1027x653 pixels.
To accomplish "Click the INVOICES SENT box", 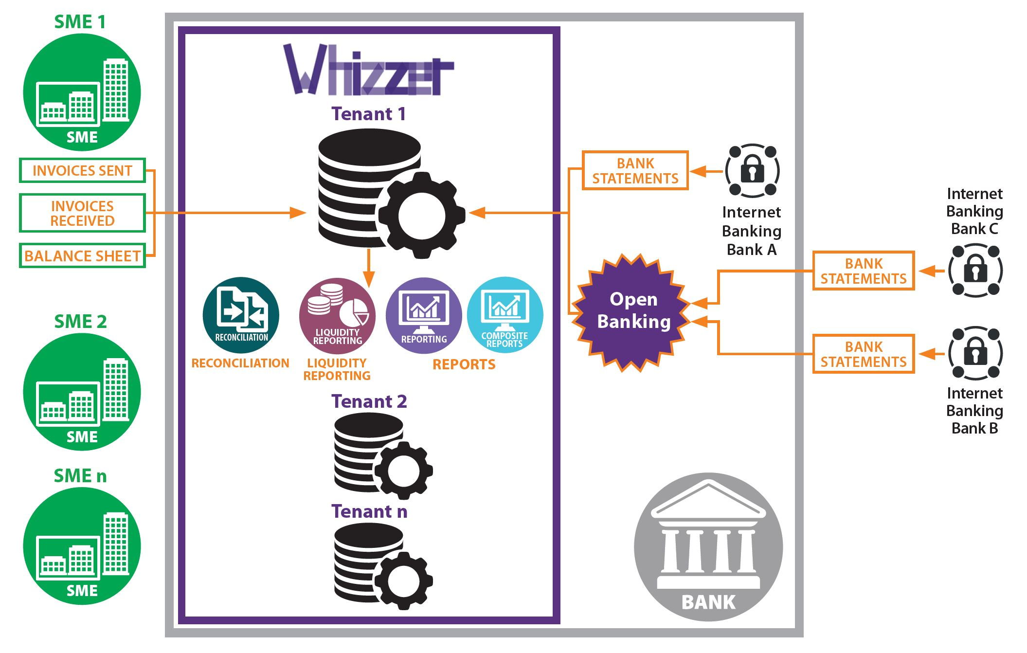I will [x=82, y=170].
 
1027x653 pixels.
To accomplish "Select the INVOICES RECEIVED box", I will [x=82, y=213].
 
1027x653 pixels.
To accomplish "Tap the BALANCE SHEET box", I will [x=82, y=256].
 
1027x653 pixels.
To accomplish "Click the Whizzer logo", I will [x=368, y=71].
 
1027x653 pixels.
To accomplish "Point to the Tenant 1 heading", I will [x=368, y=114].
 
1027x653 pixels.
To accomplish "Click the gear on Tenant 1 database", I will [x=421, y=215].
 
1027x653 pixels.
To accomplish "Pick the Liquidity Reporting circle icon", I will [x=337, y=316].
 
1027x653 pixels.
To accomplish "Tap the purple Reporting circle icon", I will [x=424, y=315].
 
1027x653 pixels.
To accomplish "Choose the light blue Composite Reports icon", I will [x=505, y=315].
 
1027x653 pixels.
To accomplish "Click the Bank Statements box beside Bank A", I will [x=635, y=171].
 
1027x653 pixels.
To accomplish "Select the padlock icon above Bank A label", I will [x=752, y=171].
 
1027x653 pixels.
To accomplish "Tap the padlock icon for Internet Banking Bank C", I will [x=975, y=271].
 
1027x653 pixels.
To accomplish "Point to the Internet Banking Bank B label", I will [x=974, y=411].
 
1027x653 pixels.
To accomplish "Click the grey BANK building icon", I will [x=708, y=547].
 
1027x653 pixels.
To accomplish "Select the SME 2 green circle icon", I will [x=82, y=392].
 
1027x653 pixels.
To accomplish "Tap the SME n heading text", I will [x=80, y=475].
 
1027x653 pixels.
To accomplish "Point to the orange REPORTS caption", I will [x=464, y=364].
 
